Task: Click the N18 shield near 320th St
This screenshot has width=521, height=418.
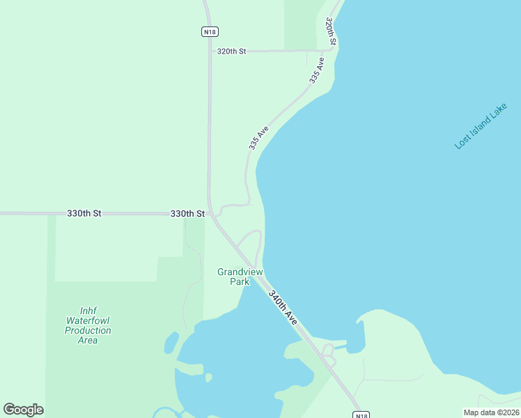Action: click(209, 31)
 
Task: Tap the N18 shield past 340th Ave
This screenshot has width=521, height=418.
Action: click(360, 415)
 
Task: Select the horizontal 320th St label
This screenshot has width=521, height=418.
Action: click(232, 52)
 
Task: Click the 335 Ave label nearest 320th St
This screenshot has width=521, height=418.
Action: click(317, 72)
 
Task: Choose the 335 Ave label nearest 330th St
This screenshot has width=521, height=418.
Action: click(258, 138)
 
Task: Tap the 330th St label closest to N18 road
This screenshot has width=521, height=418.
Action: click(187, 213)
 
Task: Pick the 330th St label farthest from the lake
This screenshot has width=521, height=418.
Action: click(84, 213)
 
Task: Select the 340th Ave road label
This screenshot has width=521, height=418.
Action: click(283, 307)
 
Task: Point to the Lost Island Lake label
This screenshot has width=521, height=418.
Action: click(481, 126)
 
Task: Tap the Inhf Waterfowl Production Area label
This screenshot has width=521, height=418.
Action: click(88, 325)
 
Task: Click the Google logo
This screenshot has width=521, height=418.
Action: click(23, 410)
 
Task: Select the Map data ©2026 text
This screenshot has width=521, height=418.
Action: click(491, 412)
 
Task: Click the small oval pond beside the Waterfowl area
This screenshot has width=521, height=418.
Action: click(171, 343)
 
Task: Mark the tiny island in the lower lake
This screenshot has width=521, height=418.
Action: click(208, 378)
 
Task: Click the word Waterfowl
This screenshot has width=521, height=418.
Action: click(88, 320)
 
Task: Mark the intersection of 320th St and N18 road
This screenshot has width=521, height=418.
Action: click(209, 51)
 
